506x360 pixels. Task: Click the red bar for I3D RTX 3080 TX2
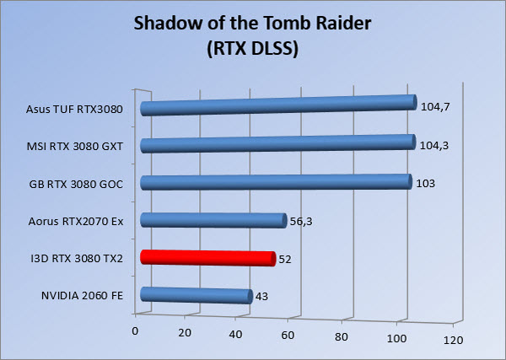pos(208,258)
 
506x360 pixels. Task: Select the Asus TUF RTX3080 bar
pos(278,105)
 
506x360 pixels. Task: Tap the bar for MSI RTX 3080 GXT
pos(277,144)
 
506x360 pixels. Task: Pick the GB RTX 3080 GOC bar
pos(277,182)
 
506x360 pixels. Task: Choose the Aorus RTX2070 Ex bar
pos(213,221)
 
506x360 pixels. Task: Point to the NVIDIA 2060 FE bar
pos(196,295)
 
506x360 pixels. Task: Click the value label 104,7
pos(435,107)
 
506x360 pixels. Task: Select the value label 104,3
pos(434,146)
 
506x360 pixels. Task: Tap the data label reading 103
pos(426,184)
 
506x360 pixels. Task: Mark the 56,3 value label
pos(301,222)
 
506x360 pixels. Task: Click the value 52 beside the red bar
pos(285,260)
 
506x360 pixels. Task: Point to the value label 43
pos(261,297)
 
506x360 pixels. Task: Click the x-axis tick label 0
pos(135,331)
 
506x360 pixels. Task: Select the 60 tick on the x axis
pos(288,336)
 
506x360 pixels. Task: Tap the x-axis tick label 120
pos(453,340)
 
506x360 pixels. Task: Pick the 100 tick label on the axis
pos(396,338)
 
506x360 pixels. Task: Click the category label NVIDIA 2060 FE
pos(83,295)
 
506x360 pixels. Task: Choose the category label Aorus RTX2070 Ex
pos(76,222)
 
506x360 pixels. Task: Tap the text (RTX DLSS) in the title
pos(253,49)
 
